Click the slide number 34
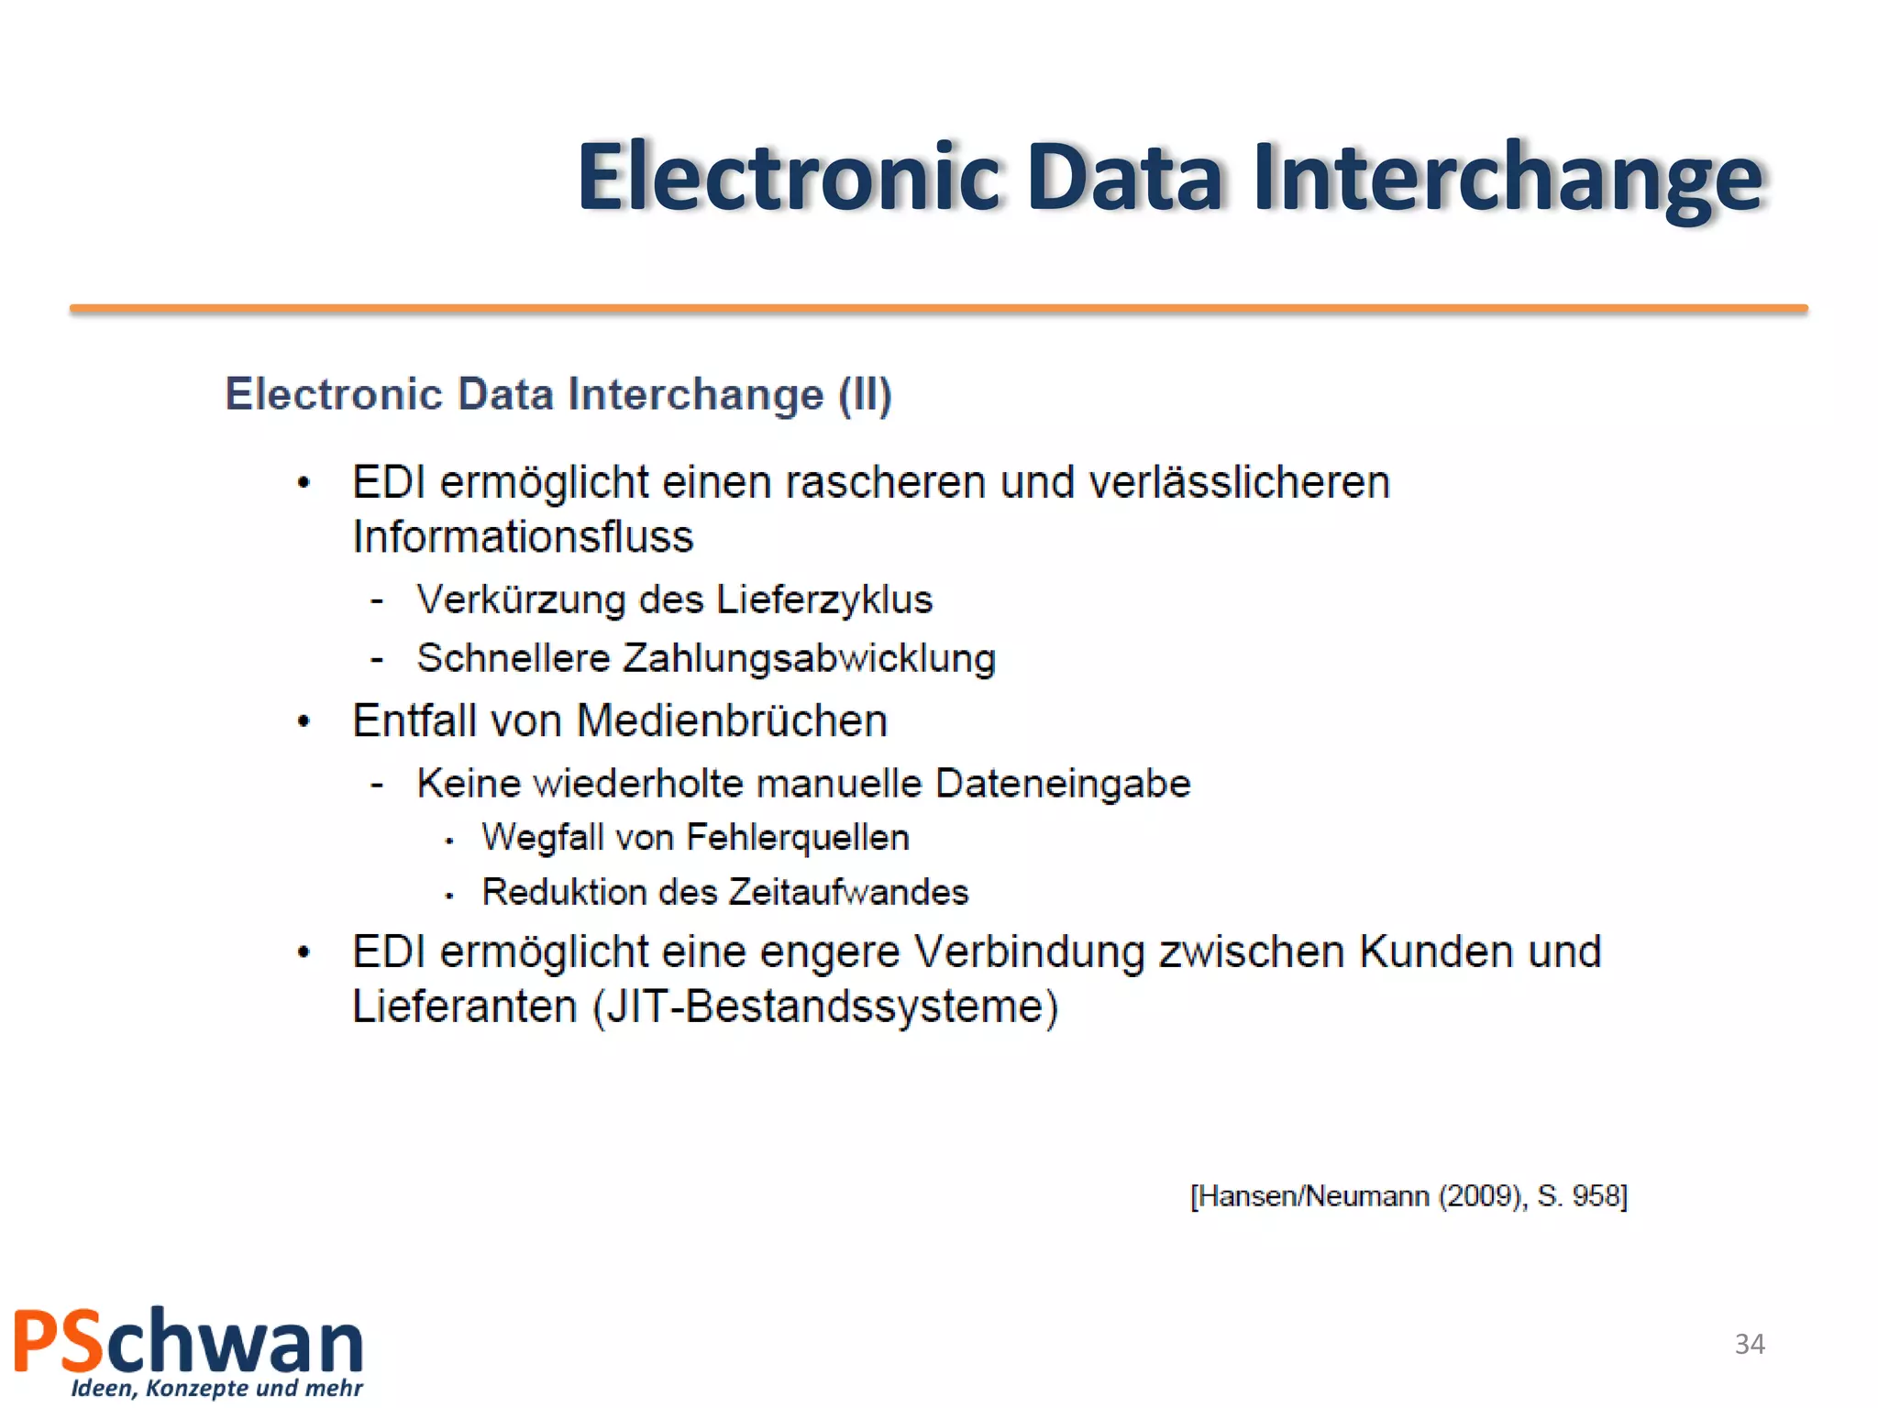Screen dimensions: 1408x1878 coord(1750,1344)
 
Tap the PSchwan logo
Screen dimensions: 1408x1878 coord(189,1342)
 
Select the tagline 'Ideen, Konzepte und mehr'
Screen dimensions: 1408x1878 coord(217,1388)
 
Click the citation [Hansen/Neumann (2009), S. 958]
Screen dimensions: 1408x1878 coord(1408,1196)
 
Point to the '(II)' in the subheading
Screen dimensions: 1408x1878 coord(865,395)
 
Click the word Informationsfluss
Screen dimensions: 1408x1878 coord(523,537)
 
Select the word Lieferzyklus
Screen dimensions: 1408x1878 coord(823,599)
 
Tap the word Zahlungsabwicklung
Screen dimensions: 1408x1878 coord(810,658)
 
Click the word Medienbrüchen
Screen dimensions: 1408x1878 coord(732,720)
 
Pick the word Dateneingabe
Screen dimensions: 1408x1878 coord(1063,784)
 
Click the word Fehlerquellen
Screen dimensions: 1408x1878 coord(798,838)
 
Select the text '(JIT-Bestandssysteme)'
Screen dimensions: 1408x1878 coord(825,1006)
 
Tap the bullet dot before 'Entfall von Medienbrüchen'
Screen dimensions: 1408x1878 coord(304,721)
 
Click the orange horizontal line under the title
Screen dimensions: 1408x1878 coord(939,310)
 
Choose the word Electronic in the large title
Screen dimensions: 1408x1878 coord(789,178)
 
